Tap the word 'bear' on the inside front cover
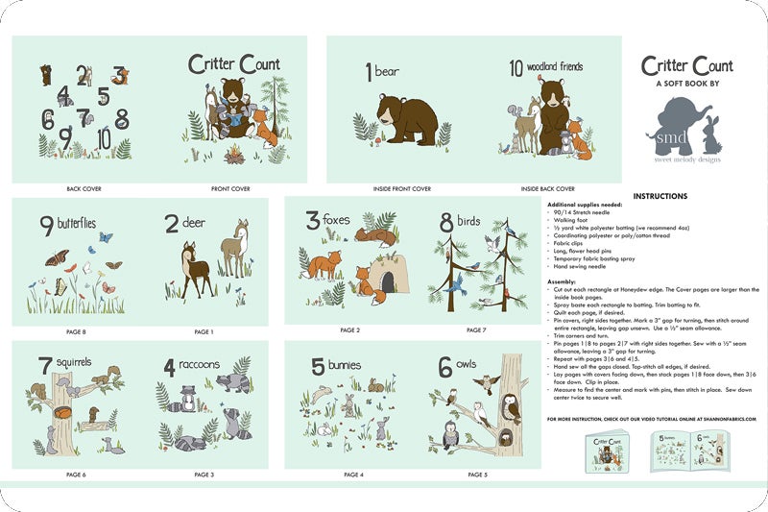tap(387, 71)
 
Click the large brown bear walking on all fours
tap(400, 120)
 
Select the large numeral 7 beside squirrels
tap(44, 366)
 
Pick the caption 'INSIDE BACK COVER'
tap(548, 189)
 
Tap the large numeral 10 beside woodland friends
tap(516, 69)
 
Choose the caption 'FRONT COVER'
tap(230, 189)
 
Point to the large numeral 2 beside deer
tap(172, 225)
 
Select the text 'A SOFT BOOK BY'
tap(687, 84)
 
